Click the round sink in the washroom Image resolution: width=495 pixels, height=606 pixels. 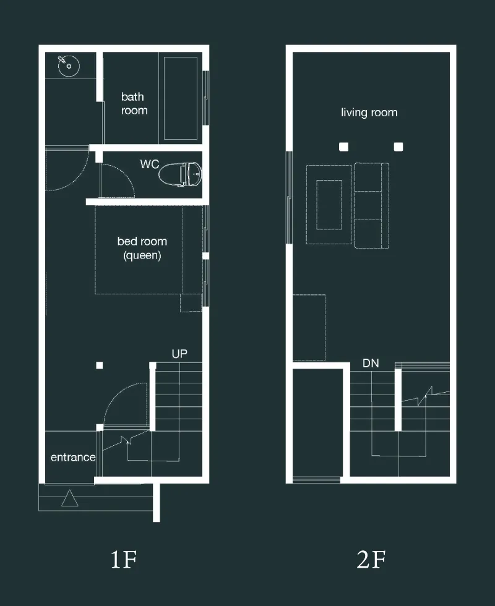click(69, 66)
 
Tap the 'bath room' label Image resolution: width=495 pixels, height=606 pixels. click(134, 104)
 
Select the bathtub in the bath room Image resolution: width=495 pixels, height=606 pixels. click(181, 98)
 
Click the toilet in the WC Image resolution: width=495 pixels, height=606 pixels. click(180, 174)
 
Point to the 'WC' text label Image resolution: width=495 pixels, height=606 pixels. click(149, 164)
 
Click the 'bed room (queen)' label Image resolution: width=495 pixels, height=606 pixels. click(142, 248)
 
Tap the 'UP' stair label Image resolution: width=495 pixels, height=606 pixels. click(179, 354)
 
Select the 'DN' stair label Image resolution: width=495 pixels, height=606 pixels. click(371, 364)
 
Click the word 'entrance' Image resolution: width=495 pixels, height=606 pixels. click(73, 457)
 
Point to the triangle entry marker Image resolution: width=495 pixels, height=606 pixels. click(69, 498)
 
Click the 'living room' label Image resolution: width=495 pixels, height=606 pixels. click(369, 113)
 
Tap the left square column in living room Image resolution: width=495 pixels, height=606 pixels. click(343, 147)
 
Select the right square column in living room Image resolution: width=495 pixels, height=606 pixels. click(398, 147)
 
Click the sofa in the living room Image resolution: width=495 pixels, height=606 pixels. click(372, 205)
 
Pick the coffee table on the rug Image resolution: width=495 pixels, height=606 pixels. click(329, 205)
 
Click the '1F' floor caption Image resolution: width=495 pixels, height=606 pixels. click(124, 559)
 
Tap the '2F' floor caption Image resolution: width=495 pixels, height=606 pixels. click(371, 559)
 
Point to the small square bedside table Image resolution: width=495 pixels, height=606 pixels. click(191, 302)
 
